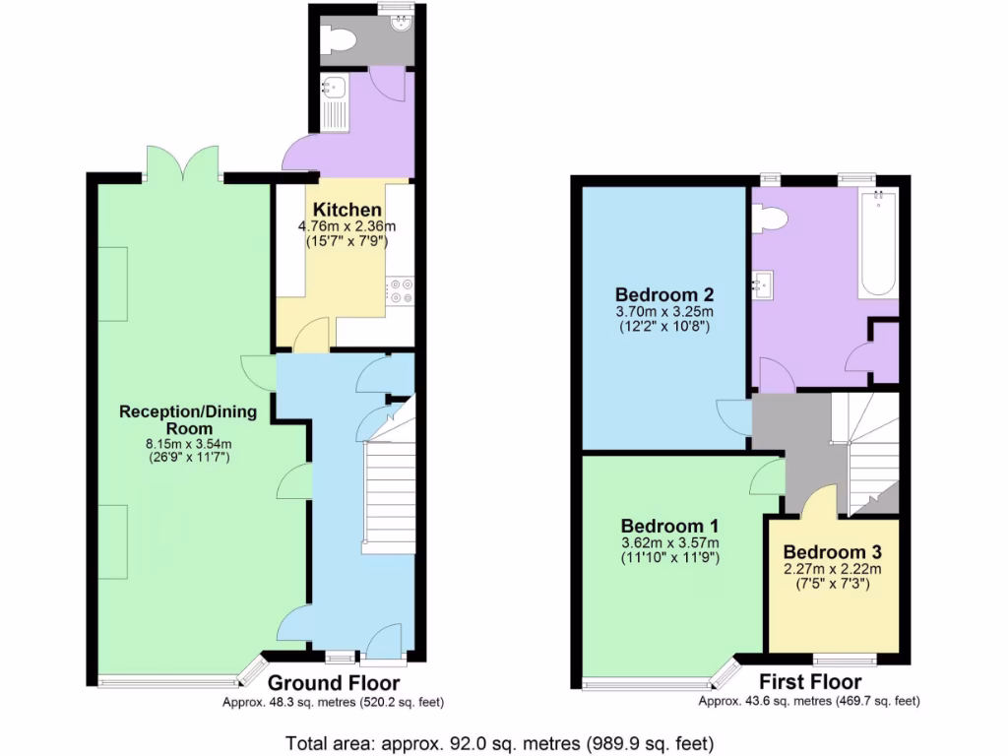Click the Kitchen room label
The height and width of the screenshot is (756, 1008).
point(347,210)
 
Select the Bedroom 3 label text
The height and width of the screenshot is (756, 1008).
point(833,551)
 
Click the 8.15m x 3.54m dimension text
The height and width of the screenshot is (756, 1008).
point(187,444)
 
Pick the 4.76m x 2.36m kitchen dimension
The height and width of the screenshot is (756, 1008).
point(341,225)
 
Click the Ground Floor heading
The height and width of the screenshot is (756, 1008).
point(334,683)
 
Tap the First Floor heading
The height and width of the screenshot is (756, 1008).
point(810,682)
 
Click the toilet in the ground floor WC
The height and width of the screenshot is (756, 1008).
point(340,40)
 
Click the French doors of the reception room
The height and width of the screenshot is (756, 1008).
point(182,162)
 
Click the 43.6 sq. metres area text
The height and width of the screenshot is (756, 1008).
point(809,702)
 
